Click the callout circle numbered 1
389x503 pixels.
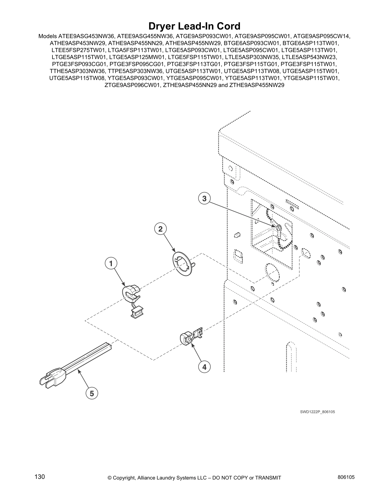point(111,264)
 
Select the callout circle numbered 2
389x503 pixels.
point(160,229)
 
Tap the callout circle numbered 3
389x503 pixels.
point(204,199)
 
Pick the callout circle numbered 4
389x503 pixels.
point(204,367)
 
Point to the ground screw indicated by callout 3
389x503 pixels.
point(279,228)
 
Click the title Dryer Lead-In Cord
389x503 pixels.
point(194,26)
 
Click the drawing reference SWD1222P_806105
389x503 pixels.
point(317,412)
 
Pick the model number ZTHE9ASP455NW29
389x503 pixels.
point(256,85)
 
